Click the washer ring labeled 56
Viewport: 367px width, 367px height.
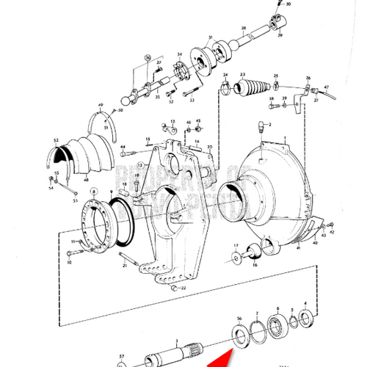coord(239,335)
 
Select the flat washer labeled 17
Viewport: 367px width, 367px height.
coord(236,258)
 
